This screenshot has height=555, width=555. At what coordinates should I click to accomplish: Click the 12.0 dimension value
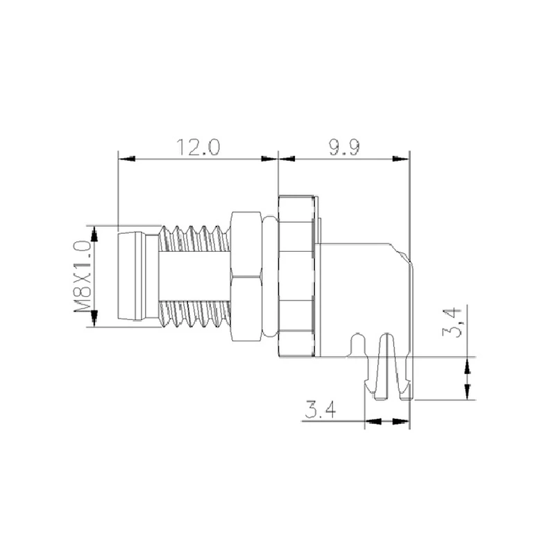[x=197, y=148]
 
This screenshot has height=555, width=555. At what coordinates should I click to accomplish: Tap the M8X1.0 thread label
[x=83, y=275]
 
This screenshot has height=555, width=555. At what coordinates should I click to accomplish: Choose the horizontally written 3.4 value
[x=320, y=411]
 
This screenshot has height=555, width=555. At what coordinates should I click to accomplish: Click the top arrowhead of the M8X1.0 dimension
[x=94, y=233]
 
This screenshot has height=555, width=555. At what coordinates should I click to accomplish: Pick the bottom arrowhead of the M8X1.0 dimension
[x=94, y=318]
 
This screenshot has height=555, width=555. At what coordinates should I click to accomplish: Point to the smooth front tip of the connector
[x=133, y=276]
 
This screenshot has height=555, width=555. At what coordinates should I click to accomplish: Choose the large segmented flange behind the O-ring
[x=296, y=276]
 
